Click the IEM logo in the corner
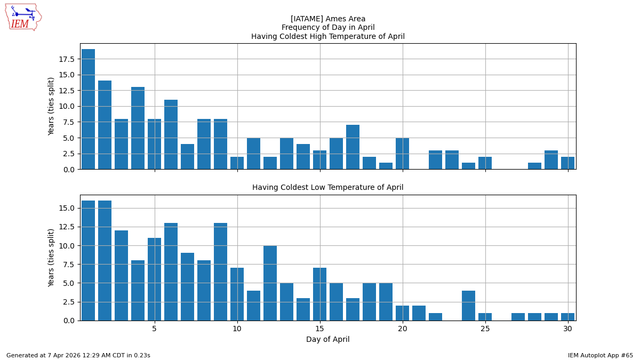23,17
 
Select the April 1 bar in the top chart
89,109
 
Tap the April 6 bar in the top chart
171,134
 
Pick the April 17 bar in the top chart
353,147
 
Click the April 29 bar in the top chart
551,160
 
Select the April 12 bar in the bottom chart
270,283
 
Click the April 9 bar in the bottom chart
221,272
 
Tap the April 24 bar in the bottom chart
469,306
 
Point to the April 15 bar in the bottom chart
320,294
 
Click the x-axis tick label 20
403,329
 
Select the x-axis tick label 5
155,329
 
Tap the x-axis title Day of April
328,340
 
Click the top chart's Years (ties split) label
51,106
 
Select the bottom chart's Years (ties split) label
51,258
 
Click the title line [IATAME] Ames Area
328,19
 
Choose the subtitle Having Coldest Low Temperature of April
328,188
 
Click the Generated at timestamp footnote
78,355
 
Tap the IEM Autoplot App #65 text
600,355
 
